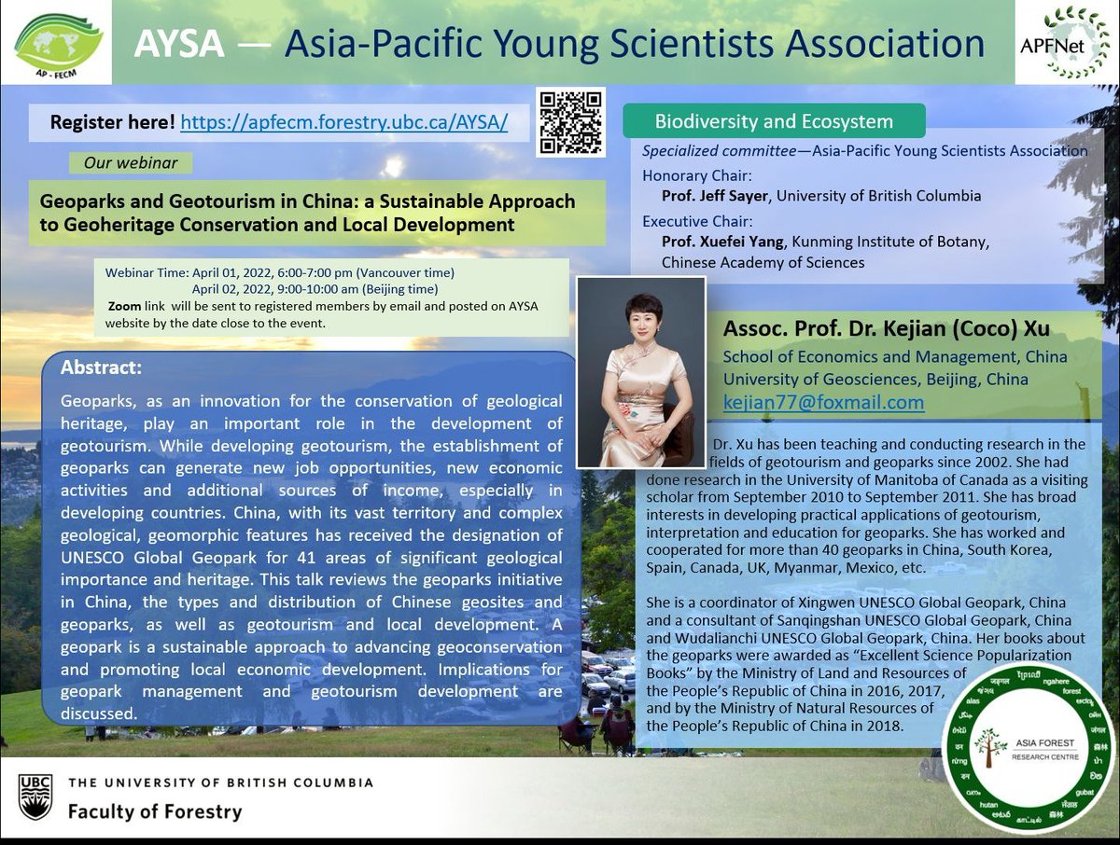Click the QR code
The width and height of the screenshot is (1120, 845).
coord(571,122)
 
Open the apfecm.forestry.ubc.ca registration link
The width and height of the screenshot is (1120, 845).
coord(343,122)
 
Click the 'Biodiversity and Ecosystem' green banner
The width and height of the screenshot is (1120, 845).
coord(774,121)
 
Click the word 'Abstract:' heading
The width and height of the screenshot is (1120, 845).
coord(101,367)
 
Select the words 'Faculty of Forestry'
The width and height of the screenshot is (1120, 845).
coord(154,811)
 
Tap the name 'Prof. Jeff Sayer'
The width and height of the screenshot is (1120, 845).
coord(714,196)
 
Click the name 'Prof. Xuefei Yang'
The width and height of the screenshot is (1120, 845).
coord(721,242)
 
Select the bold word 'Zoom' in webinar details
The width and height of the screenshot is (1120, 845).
coord(124,306)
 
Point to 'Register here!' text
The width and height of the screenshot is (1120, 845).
coord(112,122)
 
